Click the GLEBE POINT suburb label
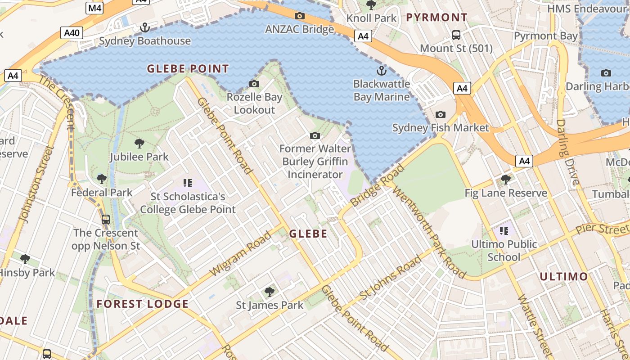[188, 69]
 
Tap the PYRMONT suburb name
[436, 18]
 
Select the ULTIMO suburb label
[563, 276]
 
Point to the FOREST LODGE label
[143, 304]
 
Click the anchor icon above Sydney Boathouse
[144, 28]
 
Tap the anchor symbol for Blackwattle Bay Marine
[381, 71]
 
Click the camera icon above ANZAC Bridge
[299, 16]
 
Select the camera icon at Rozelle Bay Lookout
[254, 84]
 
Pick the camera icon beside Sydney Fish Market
[441, 114]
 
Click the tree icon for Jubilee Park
[139, 144]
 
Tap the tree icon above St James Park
[270, 292]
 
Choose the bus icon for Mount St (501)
[456, 35]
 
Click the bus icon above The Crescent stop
[106, 220]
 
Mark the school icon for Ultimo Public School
[504, 231]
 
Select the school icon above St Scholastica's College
[188, 183]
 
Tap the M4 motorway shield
[95, 8]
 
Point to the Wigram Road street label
[241, 253]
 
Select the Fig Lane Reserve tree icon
[506, 180]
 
